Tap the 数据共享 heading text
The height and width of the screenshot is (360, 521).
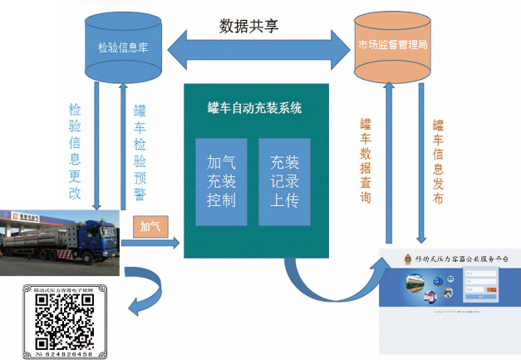248,26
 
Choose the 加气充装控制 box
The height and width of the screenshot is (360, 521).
221,181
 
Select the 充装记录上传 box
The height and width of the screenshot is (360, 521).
284,181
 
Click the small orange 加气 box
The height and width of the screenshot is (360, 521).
150,225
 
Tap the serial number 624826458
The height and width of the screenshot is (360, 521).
71,354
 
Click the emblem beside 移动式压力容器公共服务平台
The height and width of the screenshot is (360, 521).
406,259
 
